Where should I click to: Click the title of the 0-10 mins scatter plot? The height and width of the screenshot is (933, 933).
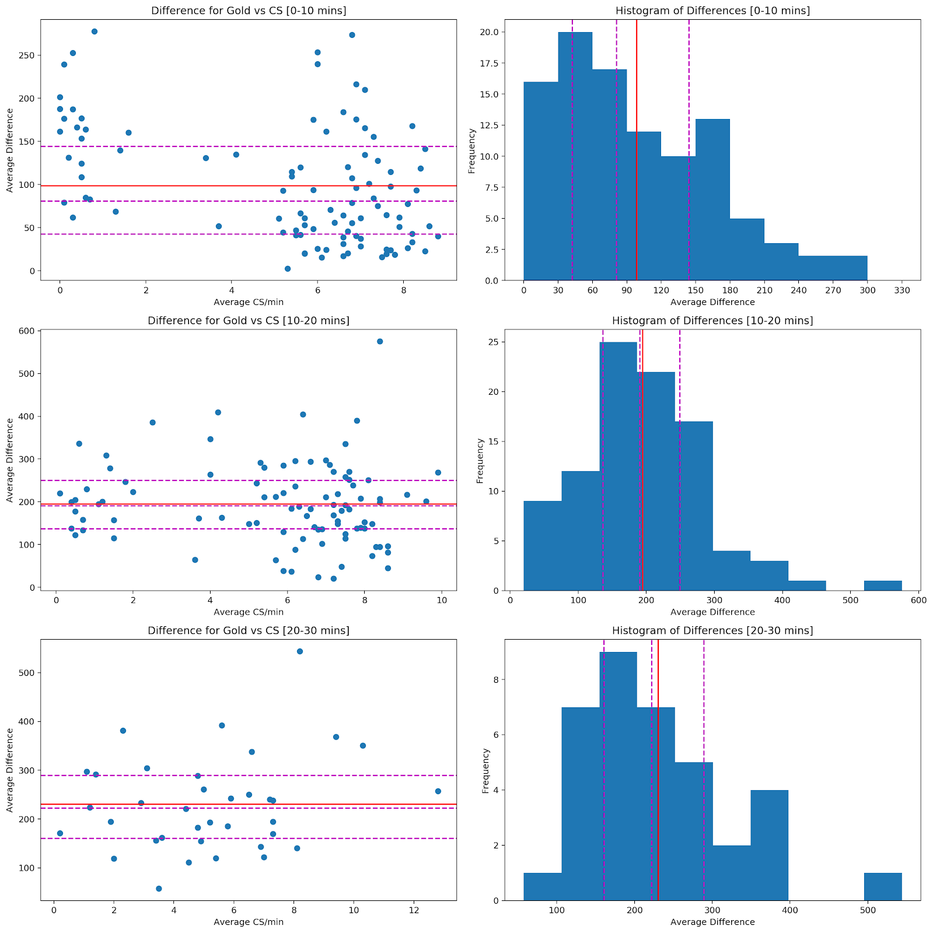pos(248,10)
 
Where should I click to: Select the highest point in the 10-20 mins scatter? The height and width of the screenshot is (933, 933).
pos(380,341)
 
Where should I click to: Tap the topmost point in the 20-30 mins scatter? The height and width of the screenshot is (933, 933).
pos(300,651)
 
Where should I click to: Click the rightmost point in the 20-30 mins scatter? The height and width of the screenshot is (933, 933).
pos(438,791)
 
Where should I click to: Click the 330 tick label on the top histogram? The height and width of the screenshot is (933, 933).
pos(901,290)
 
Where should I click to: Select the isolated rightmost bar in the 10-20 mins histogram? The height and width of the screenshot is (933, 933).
pos(883,585)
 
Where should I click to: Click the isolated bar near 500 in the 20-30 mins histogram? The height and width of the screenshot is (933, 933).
pos(883,886)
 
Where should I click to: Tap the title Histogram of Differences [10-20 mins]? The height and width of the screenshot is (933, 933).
pos(712,321)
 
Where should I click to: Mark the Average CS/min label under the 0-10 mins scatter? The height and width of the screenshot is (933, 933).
pos(249,302)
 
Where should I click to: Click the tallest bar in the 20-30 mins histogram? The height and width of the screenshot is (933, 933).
pos(618,776)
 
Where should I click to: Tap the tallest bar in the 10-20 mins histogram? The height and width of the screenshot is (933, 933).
pos(618,466)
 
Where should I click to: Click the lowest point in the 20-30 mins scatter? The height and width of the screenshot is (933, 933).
pos(159,889)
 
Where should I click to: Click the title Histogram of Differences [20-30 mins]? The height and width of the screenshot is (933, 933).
pos(712,630)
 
